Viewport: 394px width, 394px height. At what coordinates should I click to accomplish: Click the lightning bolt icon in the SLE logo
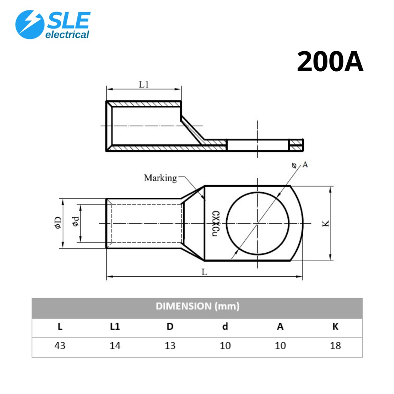(30, 25)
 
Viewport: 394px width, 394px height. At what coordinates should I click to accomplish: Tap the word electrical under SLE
(67, 35)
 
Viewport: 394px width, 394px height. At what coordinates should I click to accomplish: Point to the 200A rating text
(330, 62)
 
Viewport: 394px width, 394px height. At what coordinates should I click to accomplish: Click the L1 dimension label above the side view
(144, 84)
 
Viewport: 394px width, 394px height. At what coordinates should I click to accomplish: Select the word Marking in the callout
(160, 178)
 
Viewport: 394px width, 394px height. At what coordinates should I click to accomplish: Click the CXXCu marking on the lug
(215, 224)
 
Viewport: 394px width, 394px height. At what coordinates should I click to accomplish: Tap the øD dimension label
(58, 223)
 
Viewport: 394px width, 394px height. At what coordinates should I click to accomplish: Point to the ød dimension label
(76, 221)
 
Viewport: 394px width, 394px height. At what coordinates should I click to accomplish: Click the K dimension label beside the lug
(326, 224)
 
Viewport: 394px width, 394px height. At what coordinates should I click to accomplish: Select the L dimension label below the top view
(205, 272)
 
